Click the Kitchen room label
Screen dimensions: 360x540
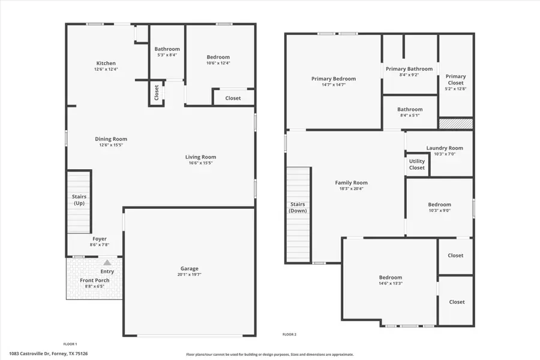point(106,63)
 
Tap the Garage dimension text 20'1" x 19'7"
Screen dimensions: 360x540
point(190,275)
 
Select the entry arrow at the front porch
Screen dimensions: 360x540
point(107,262)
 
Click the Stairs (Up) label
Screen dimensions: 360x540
point(79,199)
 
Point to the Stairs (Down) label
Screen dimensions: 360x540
point(298,207)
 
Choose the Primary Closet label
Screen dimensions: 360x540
point(455,79)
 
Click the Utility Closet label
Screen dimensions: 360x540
point(417,164)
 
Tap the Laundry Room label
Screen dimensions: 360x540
point(445,148)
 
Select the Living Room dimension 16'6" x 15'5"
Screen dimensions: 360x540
point(200,163)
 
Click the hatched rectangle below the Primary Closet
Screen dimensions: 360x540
point(455,124)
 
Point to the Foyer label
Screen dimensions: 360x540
point(100,239)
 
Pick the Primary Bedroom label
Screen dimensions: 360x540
point(333,79)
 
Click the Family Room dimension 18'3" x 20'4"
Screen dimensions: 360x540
point(351,189)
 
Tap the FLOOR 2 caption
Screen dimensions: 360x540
point(289,334)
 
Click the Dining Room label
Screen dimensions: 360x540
point(111,139)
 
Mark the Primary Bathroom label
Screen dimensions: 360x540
point(409,69)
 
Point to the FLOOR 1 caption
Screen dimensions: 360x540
point(70,344)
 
